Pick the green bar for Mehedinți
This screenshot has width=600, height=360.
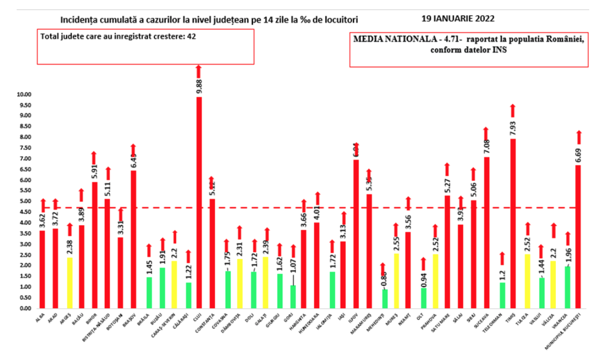tap(385, 299)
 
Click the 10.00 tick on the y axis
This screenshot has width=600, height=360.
tap(24, 94)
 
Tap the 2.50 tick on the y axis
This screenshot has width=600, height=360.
tap(24, 255)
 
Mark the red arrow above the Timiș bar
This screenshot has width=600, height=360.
tap(512, 109)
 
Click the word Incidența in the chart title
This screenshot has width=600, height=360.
tap(78, 20)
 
